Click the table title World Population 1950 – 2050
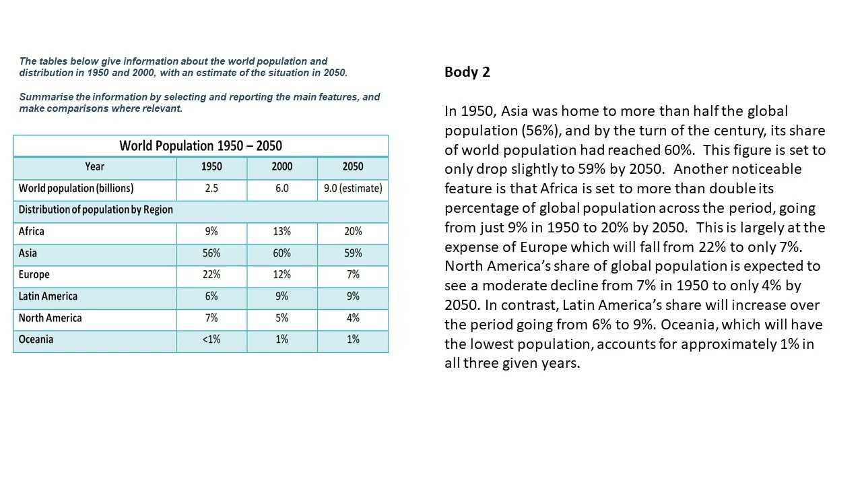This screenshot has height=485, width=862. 201,146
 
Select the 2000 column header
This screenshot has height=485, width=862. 282,166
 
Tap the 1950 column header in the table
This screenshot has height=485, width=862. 211,166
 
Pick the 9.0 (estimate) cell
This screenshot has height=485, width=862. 353,188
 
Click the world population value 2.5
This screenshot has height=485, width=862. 211,188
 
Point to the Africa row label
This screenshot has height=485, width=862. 32,231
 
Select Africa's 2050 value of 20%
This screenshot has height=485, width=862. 353,231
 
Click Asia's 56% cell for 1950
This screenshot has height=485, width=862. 211,253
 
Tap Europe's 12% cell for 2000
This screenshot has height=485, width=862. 282,274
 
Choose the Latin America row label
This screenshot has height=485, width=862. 48,296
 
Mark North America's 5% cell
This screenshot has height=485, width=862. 282,318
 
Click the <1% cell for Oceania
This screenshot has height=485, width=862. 211,339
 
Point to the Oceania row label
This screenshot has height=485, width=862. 36,339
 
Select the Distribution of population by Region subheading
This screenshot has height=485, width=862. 96,209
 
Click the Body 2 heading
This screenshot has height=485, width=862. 467,72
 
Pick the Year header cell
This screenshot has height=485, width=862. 95,166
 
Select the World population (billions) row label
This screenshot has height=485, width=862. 76,188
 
